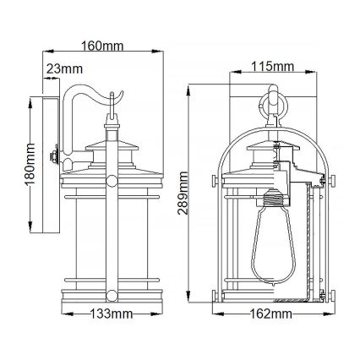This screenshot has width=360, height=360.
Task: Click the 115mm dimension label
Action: click(x=272, y=66)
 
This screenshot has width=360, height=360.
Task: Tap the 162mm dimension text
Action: click(x=270, y=314)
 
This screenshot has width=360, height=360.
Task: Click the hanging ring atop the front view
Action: click(x=271, y=106)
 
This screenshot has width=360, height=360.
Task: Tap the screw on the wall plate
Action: click(x=55, y=157)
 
